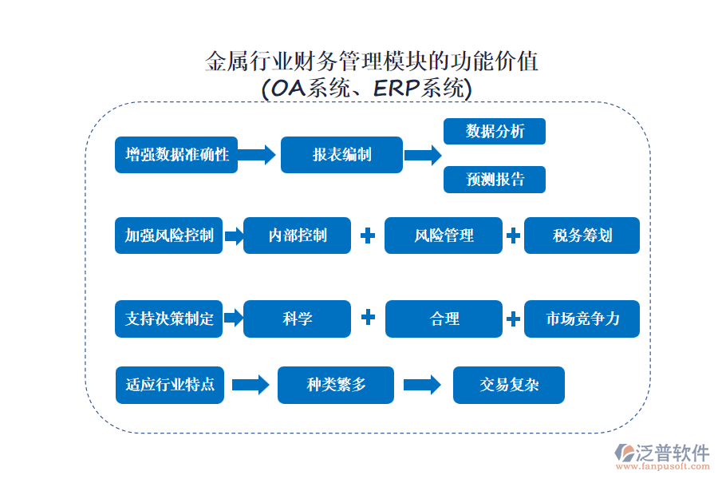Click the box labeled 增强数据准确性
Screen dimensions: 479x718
point(176,154)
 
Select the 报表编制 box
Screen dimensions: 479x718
point(341,154)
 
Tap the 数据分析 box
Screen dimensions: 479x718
point(495,132)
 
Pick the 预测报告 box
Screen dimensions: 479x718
point(495,180)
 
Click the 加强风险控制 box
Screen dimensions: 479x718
point(169,236)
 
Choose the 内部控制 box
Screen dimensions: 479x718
point(297,236)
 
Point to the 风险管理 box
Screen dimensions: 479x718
point(444,236)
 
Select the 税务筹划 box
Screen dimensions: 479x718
point(582,236)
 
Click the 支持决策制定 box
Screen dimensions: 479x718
point(169,319)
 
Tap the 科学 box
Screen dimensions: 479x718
point(297,319)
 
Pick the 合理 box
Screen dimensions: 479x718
point(444,319)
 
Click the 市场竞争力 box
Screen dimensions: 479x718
point(582,319)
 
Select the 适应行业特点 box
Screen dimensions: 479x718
point(169,384)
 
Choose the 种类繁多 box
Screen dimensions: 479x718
point(336,385)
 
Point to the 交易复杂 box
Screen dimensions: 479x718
point(509,385)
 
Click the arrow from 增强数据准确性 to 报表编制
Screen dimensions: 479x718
point(257,154)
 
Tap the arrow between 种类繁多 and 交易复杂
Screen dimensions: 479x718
point(422,385)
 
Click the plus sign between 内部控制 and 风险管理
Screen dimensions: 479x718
point(368,236)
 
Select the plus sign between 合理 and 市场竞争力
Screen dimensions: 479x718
point(513,319)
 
